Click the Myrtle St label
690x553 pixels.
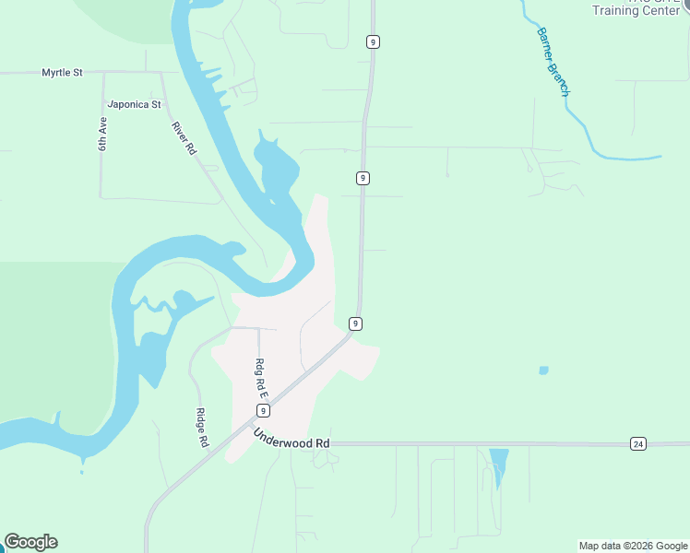[x=63, y=72]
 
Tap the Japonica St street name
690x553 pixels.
[x=134, y=104]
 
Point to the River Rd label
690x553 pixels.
[x=184, y=138]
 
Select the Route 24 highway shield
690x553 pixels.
[x=637, y=443]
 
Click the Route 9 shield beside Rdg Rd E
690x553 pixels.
[x=263, y=411]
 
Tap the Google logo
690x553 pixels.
[x=30, y=542]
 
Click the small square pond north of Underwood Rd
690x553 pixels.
[x=543, y=371]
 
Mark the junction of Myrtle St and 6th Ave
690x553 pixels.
[x=102, y=72]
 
